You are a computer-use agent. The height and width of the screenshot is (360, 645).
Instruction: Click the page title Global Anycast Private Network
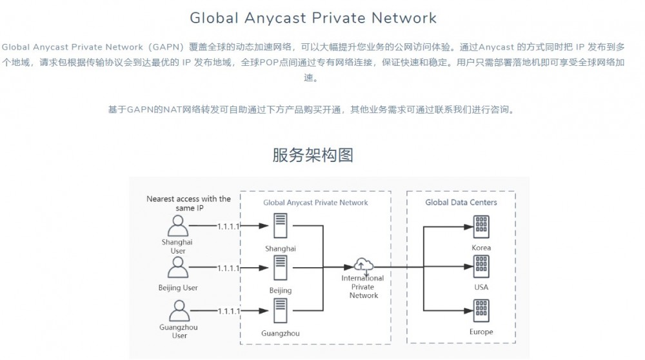313,18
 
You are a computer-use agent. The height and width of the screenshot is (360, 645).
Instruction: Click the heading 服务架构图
313,155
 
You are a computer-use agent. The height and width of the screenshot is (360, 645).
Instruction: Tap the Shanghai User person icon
177,226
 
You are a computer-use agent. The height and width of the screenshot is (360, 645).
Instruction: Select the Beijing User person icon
177,267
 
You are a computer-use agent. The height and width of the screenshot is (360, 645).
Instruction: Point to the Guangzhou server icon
280,311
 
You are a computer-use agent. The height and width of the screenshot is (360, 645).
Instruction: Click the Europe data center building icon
481,310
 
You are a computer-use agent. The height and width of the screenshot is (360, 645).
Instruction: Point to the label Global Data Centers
461,203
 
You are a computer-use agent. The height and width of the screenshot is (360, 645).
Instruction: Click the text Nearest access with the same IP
188,204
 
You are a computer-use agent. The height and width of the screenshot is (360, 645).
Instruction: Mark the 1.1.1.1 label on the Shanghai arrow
228,226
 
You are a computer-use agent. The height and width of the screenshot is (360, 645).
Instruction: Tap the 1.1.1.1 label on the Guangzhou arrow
228,311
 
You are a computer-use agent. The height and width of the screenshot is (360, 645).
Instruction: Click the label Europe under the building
481,332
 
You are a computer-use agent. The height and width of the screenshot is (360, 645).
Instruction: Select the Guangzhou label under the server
280,334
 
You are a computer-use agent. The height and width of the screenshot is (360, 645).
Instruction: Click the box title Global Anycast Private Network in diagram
315,203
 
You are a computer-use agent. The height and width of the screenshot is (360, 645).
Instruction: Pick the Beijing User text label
177,288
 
